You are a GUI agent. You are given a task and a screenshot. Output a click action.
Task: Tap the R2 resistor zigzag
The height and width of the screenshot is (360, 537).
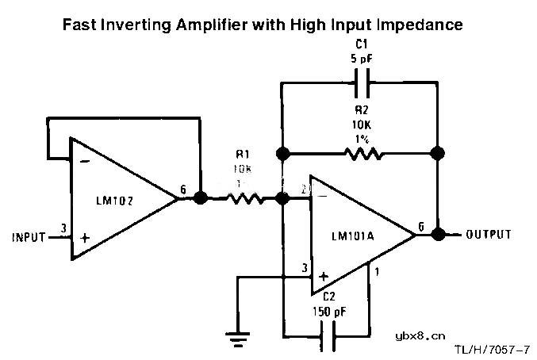click(364, 152)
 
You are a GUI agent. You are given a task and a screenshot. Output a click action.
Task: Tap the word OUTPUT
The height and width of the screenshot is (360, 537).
click(488, 235)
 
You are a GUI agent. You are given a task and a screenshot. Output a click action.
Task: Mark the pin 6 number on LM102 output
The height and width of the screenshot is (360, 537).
click(184, 190)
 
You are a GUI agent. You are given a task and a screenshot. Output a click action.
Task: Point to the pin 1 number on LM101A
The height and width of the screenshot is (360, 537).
click(377, 272)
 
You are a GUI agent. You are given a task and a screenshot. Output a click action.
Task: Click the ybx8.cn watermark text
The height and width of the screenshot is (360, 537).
click(420, 335)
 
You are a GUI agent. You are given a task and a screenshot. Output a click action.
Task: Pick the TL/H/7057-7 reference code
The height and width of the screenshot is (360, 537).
click(493, 348)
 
